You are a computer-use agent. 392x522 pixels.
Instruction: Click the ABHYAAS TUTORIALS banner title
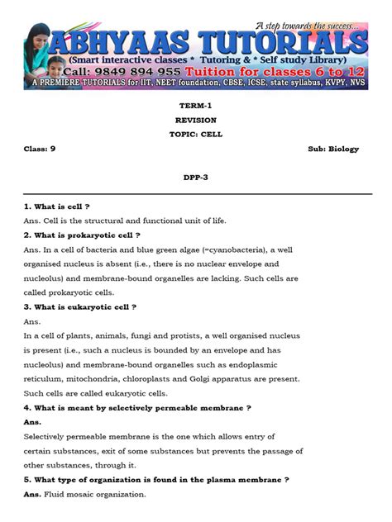[x=219, y=43]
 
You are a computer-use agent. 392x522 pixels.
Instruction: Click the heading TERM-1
[x=196, y=107]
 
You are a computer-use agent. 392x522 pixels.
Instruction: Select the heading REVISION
[x=196, y=120]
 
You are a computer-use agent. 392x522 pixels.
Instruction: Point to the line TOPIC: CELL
[x=196, y=134]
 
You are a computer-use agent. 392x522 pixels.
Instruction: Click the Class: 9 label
[x=40, y=149]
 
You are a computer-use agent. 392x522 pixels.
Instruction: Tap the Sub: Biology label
[x=333, y=149]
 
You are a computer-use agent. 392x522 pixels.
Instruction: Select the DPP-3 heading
[x=196, y=177]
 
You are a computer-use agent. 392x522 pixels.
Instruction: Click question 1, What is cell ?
[x=57, y=206]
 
